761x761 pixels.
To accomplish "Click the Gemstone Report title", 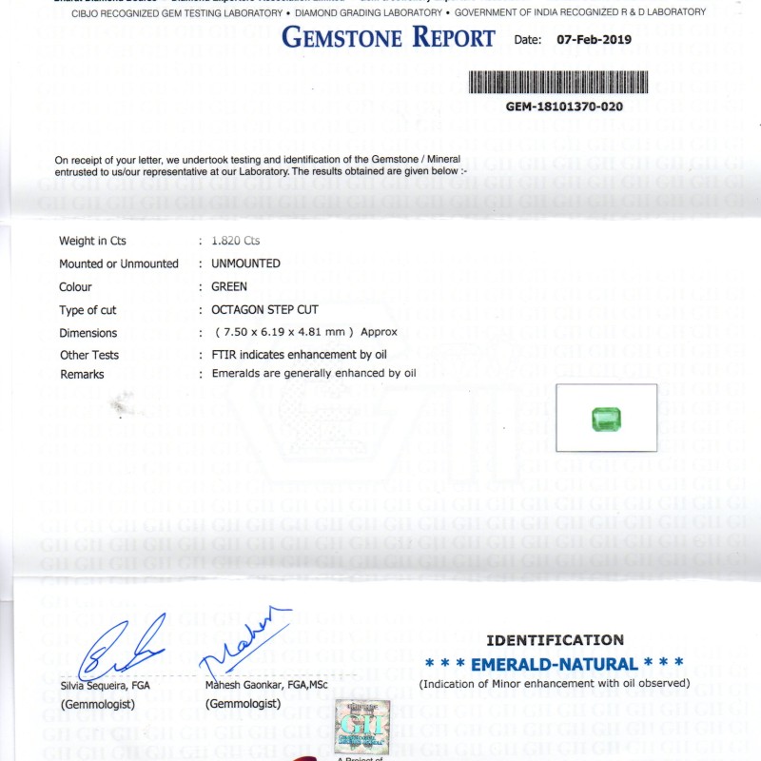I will click(x=388, y=38).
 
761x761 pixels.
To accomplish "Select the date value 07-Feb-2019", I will click(x=593, y=40).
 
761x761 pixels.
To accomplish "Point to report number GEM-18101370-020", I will click(x=564, y=107).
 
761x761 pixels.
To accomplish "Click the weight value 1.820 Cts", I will click(x=236, y=241).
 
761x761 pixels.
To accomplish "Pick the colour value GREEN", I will click(x=229, y=286).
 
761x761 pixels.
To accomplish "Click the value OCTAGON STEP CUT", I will click(x=264, y=310).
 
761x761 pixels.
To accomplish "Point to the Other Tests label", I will click(x=89, y=355).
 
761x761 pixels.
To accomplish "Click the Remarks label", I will click(x=82, y=375).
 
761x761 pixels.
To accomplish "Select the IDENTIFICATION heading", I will click(x=555, y=640).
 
